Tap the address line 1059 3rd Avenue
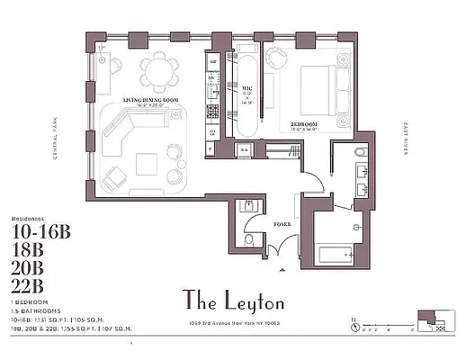[x=232, y=321]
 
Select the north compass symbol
[x=356, y=320]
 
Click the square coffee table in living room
[x=146, y=164]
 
